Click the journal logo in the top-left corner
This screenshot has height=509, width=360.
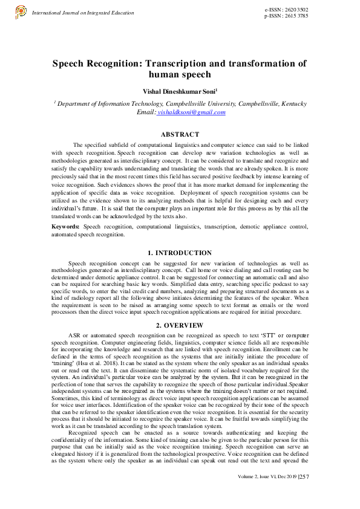click(21, 11)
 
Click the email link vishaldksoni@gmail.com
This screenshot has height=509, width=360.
click(191, 112)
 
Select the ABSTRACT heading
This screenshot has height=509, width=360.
click(180, 134)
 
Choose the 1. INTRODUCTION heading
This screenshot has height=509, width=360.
click(180, 253)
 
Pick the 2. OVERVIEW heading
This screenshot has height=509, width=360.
click(180, 325)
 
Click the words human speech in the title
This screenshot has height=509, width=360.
click(180, 74)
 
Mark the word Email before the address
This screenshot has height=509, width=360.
click(145, 112)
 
